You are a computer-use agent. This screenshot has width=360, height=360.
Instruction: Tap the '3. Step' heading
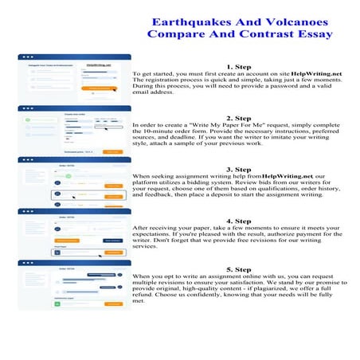[x=240, y=169]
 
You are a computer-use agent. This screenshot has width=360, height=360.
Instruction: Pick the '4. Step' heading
[x=240, y=221]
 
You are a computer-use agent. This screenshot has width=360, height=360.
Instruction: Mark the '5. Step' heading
[x=240, y=271]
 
